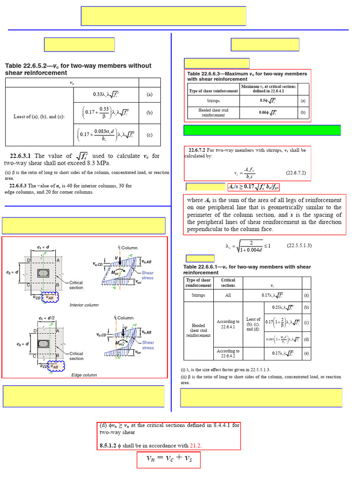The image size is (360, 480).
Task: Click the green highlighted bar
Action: tap(262, 130)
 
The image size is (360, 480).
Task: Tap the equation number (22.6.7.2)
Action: tap(296, 173)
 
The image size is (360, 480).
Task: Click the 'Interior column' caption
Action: tap(84, 305)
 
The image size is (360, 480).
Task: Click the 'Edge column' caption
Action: tap(84, 375)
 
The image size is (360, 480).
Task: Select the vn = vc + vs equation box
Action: tap(168, 460)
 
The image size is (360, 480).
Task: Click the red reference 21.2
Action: tap(196, 445)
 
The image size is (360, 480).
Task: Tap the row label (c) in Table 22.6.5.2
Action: tap(150, 135)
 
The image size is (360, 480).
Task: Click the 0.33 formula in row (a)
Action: tap(113, 94)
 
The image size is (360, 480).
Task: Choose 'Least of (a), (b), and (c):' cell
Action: tap(39, 117)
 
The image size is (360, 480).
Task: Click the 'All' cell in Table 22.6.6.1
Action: tap(228, 296)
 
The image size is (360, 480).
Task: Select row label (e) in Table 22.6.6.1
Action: tap(306, 353)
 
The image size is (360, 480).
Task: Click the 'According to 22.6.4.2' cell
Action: tap(228, 353)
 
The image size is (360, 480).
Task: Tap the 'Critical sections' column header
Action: tap(228, 283)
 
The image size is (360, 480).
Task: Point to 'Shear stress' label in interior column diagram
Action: tap(147, 275)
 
